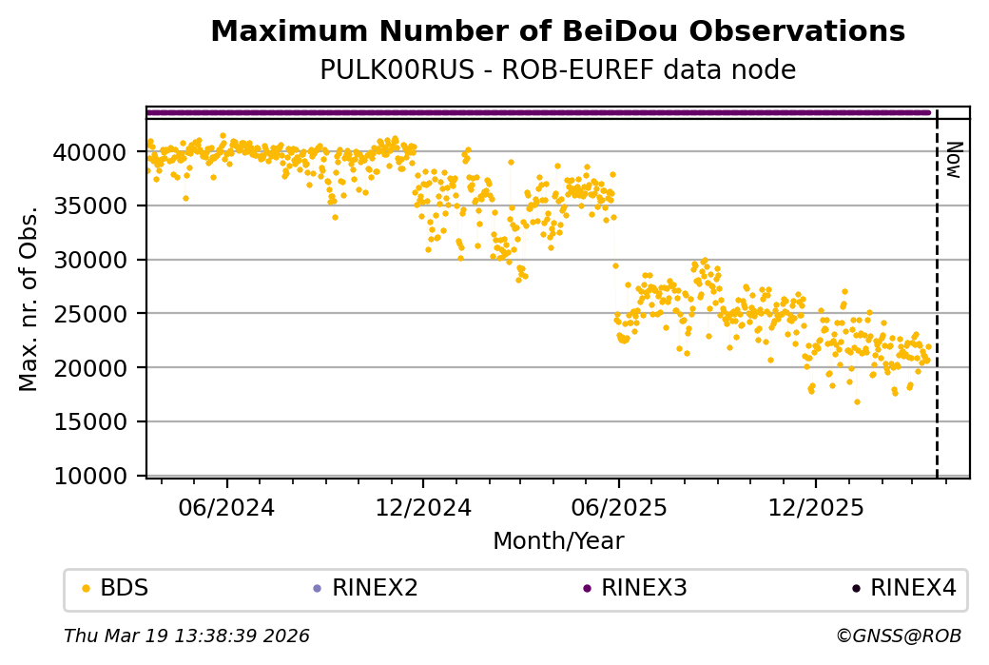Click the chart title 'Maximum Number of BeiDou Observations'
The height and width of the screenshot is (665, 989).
(x=557, y=31)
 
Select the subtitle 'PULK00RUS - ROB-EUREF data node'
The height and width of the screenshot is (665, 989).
(x=557, y=70)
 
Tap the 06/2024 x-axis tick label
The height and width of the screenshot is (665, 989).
(x=226, y=508)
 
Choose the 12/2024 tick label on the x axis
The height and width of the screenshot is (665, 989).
(x=423, y=508)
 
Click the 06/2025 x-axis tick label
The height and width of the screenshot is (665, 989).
(x=618, y=508)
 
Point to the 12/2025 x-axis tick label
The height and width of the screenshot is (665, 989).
(x=815, y=508)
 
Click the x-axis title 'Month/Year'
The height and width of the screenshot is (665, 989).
(x=558, y=541)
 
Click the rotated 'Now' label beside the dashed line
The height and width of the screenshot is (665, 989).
(x=954, y=159)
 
